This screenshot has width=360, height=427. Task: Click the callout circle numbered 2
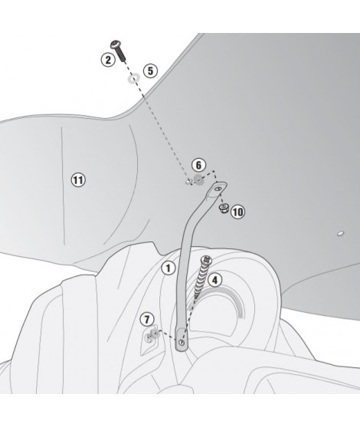108,59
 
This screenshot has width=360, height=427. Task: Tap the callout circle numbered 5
150,71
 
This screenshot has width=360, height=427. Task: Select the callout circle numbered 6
198,165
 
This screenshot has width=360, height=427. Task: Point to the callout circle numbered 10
237,212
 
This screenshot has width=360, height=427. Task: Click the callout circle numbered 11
78,180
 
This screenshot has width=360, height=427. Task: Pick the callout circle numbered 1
169,268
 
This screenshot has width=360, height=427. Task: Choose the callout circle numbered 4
214,280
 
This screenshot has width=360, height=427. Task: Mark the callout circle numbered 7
147,319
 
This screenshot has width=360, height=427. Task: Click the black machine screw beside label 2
119,51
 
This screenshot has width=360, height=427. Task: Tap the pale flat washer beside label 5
133,79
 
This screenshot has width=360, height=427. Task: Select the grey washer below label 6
198,180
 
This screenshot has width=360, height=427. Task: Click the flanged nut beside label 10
224,209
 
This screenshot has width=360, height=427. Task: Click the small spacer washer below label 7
155,333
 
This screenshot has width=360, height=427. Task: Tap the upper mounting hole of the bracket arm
218,189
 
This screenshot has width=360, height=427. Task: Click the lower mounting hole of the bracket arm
182,342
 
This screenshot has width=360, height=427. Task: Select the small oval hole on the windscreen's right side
340,233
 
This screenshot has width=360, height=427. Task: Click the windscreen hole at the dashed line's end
188,182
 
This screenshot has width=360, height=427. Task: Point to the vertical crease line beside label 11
63,186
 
